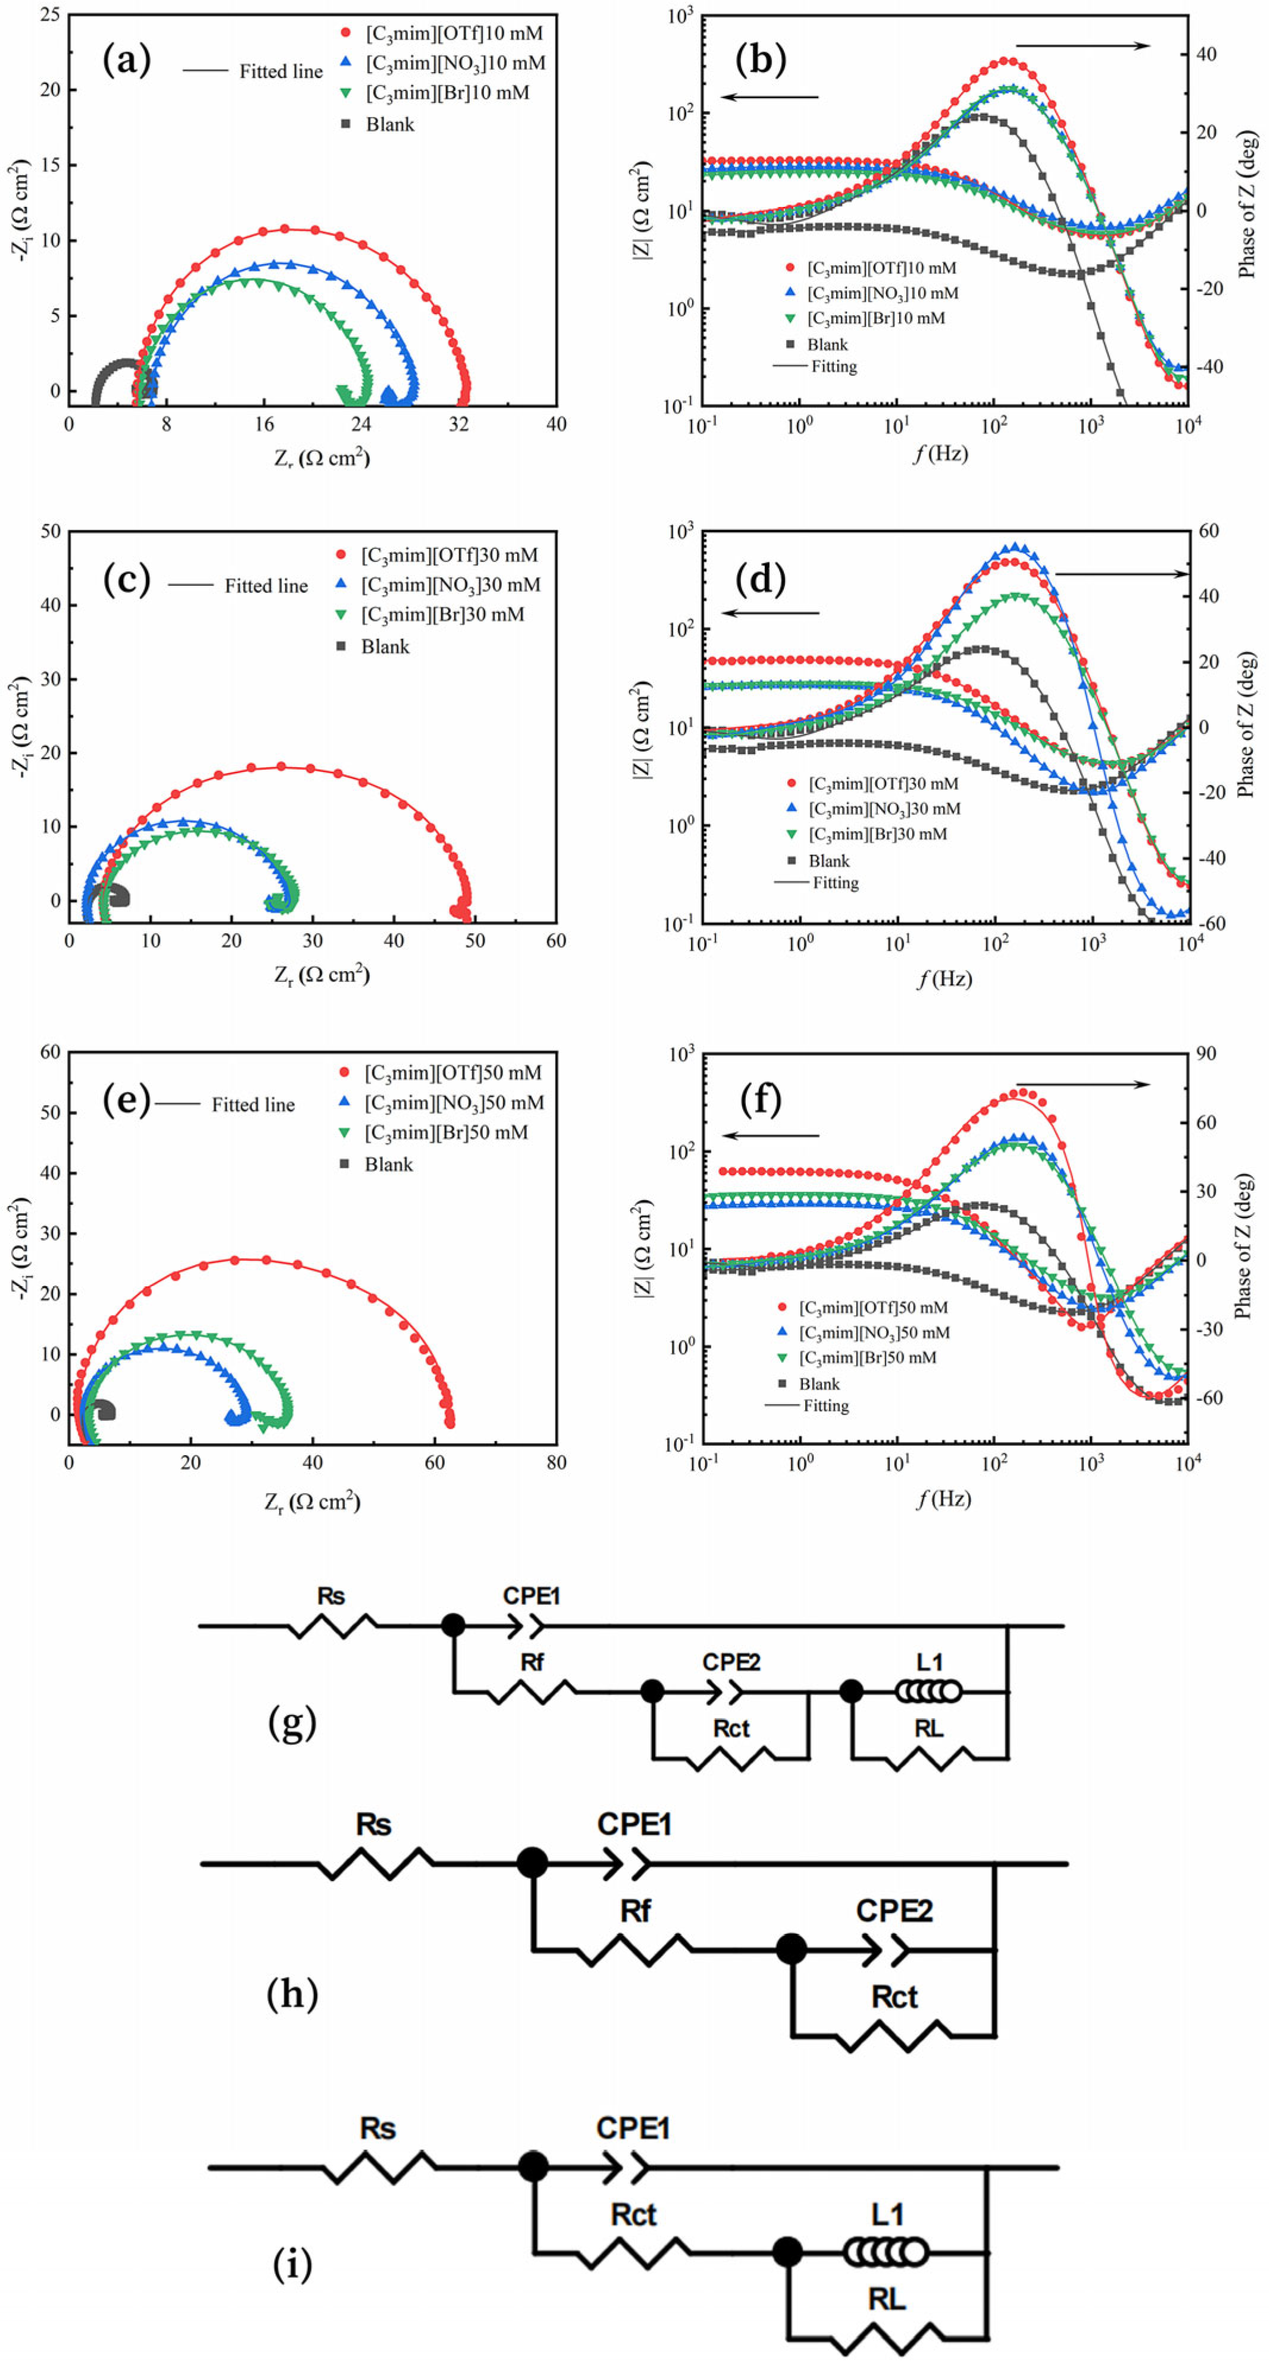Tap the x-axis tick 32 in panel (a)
pyautogui.click(x=460, y=423)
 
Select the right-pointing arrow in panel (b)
pyautogui.click(x=1082, y=45)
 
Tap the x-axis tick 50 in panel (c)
pyautogui.click(x=475, y=940)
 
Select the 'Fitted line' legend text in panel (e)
pyautogui.click(x=253, y=1104)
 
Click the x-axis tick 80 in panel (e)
pyautogui.click(x=556, y=1462)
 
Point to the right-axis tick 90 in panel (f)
pyautogui.click(x=1207, y=1053)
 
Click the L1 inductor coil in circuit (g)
pyautogui.click(x=928, y=1691)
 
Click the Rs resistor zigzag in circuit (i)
pyautogui.click(x=379, y=2168)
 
